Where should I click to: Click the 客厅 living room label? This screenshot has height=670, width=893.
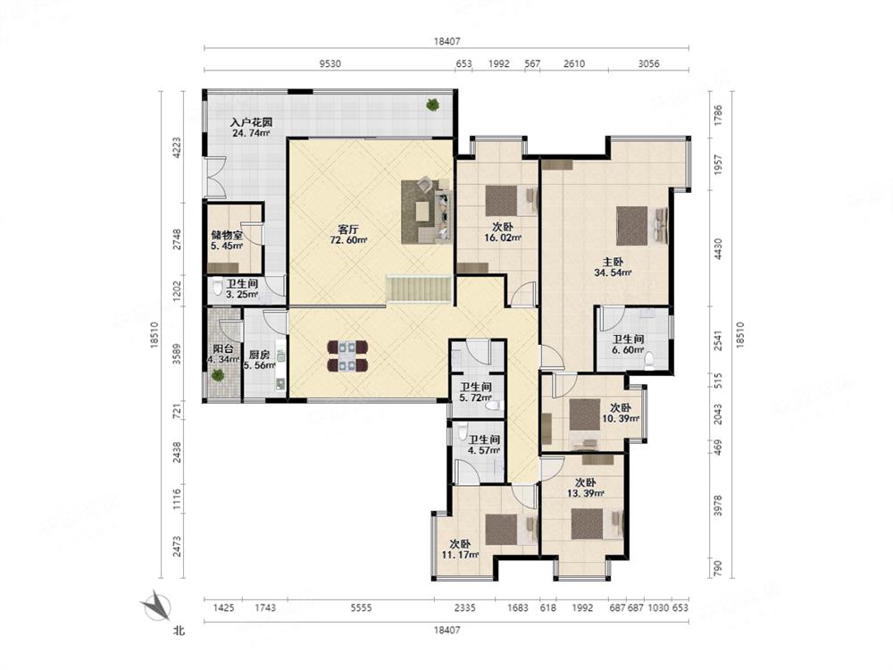[x=348, y=230]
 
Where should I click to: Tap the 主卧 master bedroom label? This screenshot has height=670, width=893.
[x=613, y=262]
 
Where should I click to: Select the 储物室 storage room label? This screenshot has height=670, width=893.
[x=227, y=235]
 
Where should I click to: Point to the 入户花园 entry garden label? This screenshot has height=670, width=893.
[x=251, y=121]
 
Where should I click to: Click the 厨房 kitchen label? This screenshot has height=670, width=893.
[x=259, y=355]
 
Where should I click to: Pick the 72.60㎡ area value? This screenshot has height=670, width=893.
[x=348, y=240]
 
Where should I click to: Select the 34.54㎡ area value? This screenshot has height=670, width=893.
[x=613, y=272]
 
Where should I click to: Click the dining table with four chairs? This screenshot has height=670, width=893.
[x=347, y=356]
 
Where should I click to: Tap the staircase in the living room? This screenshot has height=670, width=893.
[x=419, y=289]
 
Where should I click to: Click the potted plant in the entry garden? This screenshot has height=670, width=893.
[x=433, y=105]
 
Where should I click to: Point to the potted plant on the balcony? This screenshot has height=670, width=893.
[x=218, y=375]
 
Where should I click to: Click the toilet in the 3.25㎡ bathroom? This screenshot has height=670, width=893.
[x=218, y=286]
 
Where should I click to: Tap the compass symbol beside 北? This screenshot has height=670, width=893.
[x=156, y=607]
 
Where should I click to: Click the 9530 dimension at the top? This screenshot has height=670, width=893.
[x=330, y=63]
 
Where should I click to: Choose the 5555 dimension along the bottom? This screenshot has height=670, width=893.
[x=361, y=607]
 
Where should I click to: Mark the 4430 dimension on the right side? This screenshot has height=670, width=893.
[x=718, y=249]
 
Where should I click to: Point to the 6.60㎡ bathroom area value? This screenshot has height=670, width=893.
[x=628, y=350]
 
